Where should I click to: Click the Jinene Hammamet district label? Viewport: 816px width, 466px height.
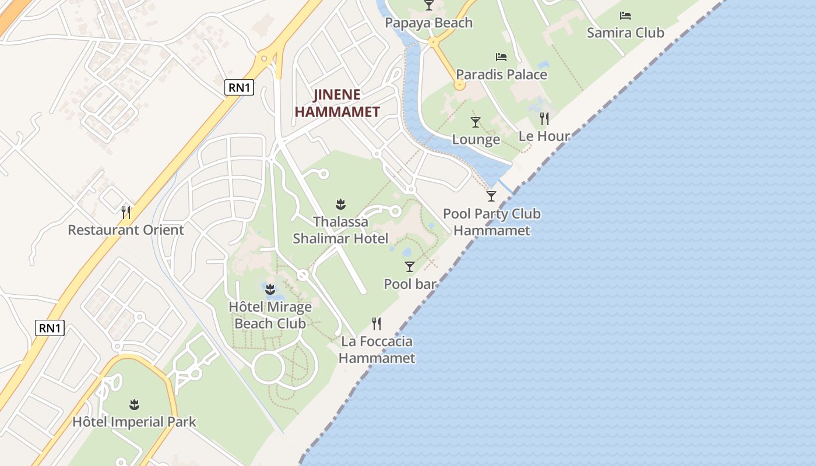point(337,103)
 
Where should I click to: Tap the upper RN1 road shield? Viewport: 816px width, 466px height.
point(239,87)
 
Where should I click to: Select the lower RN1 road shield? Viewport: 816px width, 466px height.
point(50,328)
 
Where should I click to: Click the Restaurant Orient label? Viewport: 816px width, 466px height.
point(126,230)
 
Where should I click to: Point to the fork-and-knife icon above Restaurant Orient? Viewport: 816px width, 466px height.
point(125,211)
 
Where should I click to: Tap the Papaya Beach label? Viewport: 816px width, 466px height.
point(428,23)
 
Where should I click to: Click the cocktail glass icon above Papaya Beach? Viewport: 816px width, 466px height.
point(429,5)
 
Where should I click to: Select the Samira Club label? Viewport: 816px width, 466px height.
point(625,33)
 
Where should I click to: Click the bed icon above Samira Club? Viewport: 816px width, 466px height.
point(625,16)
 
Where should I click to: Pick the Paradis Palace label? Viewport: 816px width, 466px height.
point(501,75)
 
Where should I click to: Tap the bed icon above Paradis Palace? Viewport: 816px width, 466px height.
point(501,57)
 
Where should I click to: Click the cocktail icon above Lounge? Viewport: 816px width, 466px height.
point(476,122)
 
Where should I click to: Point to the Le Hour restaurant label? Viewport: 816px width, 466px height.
point(544,136)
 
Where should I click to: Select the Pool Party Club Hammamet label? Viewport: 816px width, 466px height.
point(492,222)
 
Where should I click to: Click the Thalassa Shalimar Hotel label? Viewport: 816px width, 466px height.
point(340,230)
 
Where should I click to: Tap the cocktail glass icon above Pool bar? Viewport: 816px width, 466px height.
point(410,267)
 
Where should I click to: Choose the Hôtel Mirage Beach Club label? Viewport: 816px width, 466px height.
point(270,315)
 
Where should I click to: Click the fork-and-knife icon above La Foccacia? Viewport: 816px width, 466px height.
point(377,324)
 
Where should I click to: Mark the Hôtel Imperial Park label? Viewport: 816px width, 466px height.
point(134,422)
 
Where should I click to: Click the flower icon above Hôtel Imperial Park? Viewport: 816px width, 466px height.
point(134,404)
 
